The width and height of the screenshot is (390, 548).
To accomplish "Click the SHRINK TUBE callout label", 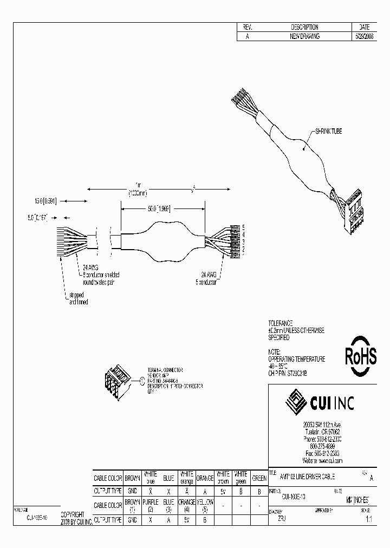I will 328,132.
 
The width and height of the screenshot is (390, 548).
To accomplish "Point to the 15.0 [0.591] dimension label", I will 45,200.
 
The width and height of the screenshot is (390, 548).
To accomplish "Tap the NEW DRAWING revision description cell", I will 304,36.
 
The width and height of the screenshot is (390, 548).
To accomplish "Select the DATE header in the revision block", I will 364,27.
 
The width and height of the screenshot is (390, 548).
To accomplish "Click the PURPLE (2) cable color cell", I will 150,506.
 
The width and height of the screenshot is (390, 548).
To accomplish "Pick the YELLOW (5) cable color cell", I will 204,506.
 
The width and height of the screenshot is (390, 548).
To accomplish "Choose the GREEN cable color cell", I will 259,478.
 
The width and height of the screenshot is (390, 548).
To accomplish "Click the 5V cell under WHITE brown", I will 223,492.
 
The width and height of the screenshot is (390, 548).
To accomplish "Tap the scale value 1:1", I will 368,519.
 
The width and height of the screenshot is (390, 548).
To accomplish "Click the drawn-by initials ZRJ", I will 282,519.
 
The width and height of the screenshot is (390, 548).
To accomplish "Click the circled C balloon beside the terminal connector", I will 142,382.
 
